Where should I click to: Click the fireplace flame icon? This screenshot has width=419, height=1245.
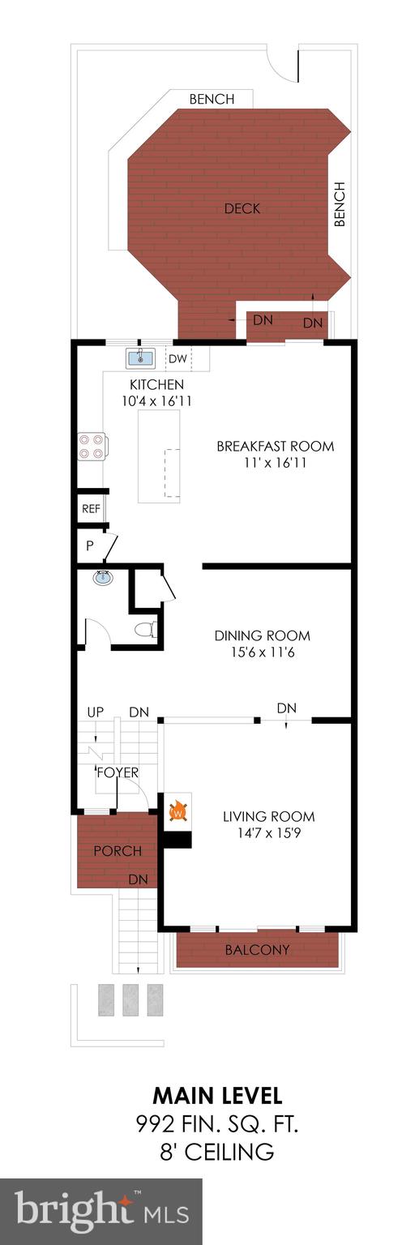tap(178, 810)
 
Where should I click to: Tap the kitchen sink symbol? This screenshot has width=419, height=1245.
tap(140, 357)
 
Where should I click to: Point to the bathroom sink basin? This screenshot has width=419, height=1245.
tap(103, 579)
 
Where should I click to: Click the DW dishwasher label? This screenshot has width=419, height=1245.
tap(177, 358)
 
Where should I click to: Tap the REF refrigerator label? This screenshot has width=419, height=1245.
tap(90, 510)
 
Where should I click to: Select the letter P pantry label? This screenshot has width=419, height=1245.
tap(89, 546)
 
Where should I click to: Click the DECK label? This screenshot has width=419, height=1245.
tap(242, 208)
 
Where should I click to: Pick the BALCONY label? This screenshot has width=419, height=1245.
tap(257, 949)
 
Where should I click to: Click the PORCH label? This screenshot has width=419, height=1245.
tap(117, 851)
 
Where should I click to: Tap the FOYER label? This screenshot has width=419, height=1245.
tap(118, 772)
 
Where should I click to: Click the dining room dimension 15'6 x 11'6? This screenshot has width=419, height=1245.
tap(262, 652)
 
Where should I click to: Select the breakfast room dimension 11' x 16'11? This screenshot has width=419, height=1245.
tap(275, 463)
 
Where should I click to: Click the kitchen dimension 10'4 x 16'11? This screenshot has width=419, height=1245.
tap(157, 400)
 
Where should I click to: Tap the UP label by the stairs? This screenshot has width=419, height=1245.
tap(96, 712)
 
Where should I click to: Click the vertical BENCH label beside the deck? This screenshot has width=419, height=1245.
tap(340, 204)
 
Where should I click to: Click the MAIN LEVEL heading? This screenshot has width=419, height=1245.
tap(218, 1097)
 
